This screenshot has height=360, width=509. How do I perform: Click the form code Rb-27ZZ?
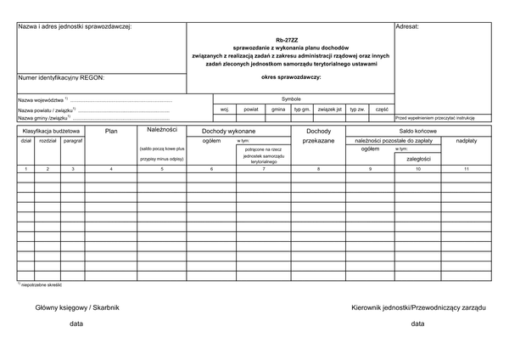[292, 40]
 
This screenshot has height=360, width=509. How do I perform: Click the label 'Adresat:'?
[408, 27]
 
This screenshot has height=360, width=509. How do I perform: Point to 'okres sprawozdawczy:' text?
[291, 77]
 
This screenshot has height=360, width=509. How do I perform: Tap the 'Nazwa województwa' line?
[42, 100]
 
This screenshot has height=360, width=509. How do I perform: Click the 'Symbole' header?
[291, 98]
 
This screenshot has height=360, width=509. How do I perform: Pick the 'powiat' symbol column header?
[251, 110]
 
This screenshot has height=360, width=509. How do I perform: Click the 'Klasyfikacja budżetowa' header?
[51, 132]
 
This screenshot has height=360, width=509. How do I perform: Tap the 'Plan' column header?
[111, 132]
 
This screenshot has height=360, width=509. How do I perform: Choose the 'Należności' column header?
[162, 130]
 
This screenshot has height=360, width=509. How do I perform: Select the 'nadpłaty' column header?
[467, 140]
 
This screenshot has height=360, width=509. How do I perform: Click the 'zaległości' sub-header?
[418, 158]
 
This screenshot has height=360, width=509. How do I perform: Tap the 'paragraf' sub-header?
[73, 140]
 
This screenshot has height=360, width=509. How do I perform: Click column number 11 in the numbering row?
[467, 170]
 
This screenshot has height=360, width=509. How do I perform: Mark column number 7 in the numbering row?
[263, 170]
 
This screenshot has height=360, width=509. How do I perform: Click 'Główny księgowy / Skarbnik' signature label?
[77, 307]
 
